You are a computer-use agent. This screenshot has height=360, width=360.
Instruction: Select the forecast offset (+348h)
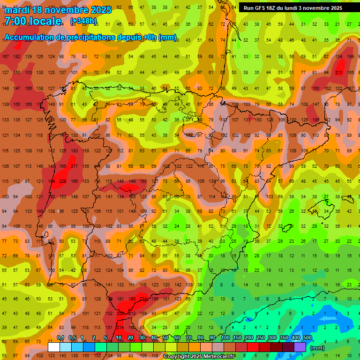[83, 21]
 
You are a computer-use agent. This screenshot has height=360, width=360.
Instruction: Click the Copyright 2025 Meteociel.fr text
[200, 357]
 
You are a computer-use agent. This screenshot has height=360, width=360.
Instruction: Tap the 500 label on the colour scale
[307, 337]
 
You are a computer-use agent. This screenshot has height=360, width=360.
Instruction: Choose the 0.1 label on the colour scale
[60, 337]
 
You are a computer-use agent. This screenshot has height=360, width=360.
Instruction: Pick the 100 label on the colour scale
[225, 337]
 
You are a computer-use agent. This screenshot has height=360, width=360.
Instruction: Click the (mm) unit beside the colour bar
[317, 348]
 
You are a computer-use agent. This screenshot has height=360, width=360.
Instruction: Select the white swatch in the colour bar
[54, 347]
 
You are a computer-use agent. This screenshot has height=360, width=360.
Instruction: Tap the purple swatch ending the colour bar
[300, 347]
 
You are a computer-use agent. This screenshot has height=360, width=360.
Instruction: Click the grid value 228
[62, 181]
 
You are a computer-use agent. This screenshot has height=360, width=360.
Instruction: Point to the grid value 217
[74, 166]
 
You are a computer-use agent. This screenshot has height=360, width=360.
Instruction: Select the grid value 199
[350, 56]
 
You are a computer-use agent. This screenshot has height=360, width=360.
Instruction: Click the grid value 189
[315, 120]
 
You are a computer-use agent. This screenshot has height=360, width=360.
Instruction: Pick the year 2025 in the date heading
[101, 9]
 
